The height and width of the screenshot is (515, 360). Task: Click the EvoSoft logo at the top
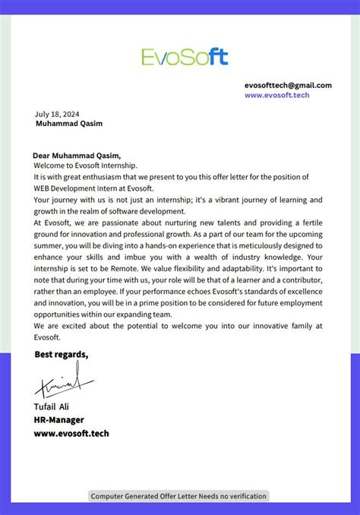click(x=185, y=55)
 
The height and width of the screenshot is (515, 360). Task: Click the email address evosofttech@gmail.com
click(x=288, y=86)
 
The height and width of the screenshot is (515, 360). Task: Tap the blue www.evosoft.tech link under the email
click(x=276, y=95)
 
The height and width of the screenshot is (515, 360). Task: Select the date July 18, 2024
click(x=56, y=113)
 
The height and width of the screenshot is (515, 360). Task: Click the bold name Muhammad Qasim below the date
click(x=69, y=123)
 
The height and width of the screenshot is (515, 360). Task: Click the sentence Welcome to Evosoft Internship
click(x=85, y=165)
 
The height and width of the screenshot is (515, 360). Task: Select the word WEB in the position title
click(x=43, y=188)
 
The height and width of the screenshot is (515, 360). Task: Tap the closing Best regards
click(x=61, y=355)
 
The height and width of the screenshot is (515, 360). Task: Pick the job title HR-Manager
click(x=58, y=419)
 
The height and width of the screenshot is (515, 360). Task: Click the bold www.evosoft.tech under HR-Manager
click(x=71, y=433)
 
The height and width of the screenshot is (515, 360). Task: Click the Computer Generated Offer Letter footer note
click(x=178, y=496)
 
